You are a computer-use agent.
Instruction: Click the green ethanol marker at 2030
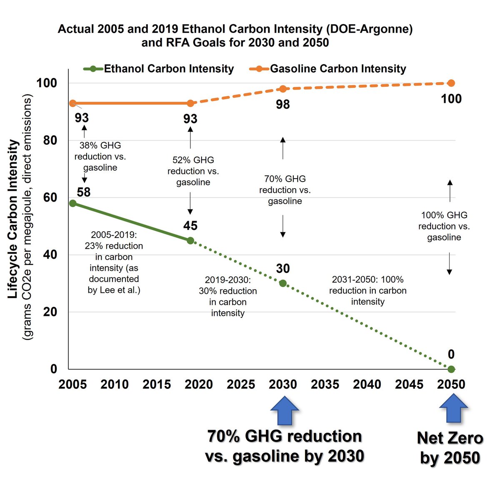pyautogui.click(x=283, y=283)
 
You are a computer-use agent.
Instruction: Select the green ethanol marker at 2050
pyautogui.click(x=451, y=369)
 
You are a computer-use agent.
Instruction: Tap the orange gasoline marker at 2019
pyautogui.click(x=190, y=103)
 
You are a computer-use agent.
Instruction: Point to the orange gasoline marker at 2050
pyautogui.click(x=451, y=83)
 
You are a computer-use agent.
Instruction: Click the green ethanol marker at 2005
pyautogui.click(x=73, y=203)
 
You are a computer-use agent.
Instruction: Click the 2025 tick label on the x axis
pyautogui.click(x=241, y=384)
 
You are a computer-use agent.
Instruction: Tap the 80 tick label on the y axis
pyautogui.click(x=50, y=140)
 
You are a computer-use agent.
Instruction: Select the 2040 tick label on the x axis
pyautogui.click(x=367, y=384)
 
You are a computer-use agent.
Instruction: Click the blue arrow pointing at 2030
pyautogui.click(x=285, y=411)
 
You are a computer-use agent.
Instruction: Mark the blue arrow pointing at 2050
pyautogui.click(x=454, y=408)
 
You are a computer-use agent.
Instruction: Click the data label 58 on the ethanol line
pyautogui.click(x=84, y=192)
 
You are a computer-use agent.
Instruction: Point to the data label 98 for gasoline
pyautogui.click(x=282, y=105)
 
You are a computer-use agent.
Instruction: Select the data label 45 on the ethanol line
pyautogui.click(x=190, y=226)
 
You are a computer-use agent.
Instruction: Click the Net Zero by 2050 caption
pyautogui.click(x=450, y=448)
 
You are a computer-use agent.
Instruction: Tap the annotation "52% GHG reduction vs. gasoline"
pyautogui.click(x=193, y=171)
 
